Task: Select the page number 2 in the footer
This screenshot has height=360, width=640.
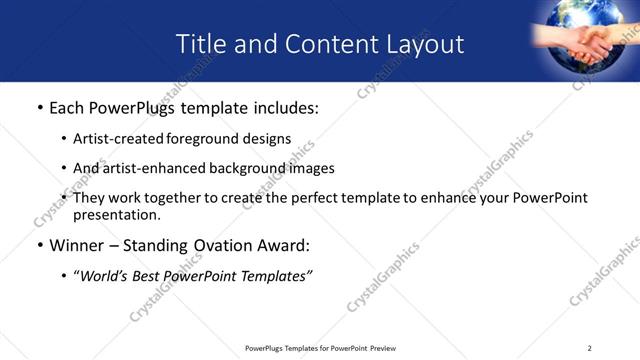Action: click(x=590, y=347)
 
